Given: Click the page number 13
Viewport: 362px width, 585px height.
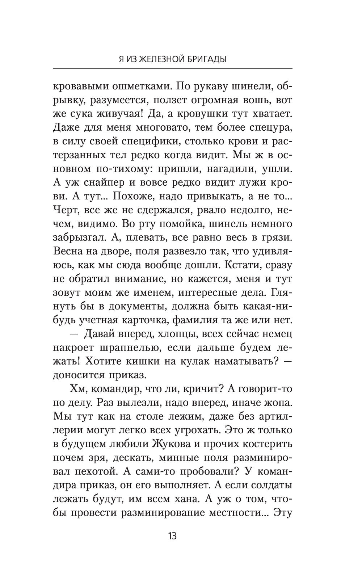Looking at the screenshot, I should click(x=172, y=536).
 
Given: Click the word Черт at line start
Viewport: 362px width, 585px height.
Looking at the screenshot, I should click(x=66, y=210).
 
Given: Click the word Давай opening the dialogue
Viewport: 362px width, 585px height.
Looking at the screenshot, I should click(x=100, y=334).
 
